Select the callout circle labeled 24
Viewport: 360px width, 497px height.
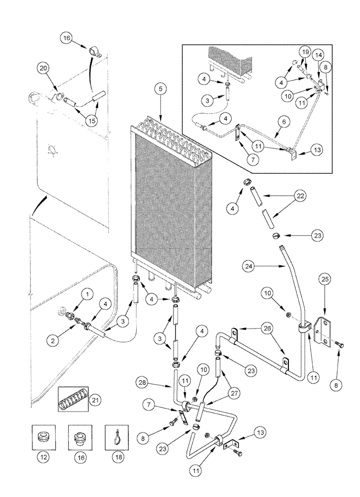pyautogui.click(x=249, y=266)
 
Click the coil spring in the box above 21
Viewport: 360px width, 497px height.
pyautogui.click(x=73, y=399)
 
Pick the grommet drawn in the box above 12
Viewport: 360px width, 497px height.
pyautogui.click(x=42, y=437)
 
